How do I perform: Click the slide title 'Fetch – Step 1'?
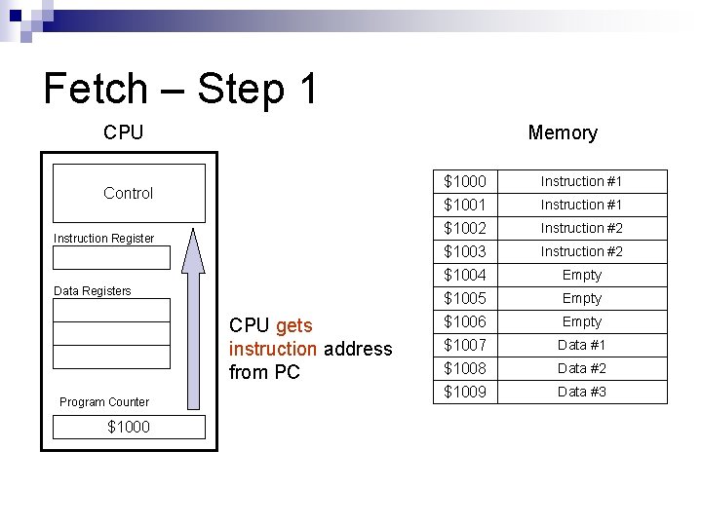[x=180, y=89]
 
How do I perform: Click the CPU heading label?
[x=123, y=132]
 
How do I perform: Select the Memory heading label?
[x=562, y=132]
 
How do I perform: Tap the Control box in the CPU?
[x=129, y=194]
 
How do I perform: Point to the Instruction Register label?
[x=103, y=239]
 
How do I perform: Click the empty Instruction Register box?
[x=111, y=258]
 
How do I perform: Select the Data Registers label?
[x=92, y=291]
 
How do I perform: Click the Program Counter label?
[x=104, y=402]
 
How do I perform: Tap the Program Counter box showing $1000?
[x=129, y=427]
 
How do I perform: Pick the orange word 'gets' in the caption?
[x=294, y=325]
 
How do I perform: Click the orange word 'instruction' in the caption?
[x=273, y=349]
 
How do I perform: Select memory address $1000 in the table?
[x=465, y=181]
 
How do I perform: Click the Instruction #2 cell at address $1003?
[x=581, y=251]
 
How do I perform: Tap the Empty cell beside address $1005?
[x=581, y=298]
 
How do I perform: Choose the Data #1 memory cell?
[x=581, y=345]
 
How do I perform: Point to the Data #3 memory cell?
[x=581, y=392]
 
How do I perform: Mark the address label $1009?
[x=465, y=392]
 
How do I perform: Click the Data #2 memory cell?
[x=581, y=368]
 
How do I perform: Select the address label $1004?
[x=465, y=275]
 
